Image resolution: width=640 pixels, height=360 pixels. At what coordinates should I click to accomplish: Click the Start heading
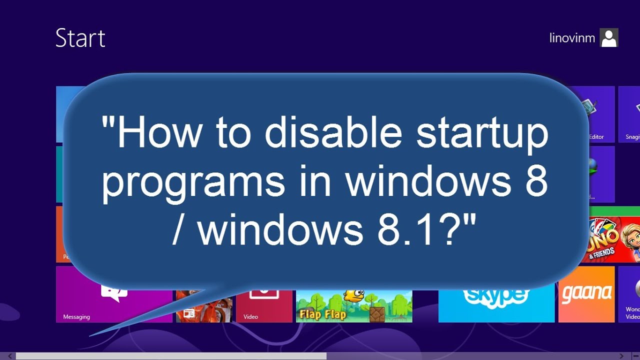pos(80,38)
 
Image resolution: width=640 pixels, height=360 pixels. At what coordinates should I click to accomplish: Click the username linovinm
pos(572,38)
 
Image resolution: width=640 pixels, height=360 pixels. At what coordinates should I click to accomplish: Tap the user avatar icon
pos(609,37)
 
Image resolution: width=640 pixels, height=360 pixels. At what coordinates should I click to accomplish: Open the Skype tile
pos(496,300)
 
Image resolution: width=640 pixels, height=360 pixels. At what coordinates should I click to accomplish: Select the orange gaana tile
pos(586,295)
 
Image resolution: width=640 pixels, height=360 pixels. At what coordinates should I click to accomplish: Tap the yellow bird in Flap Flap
pos(354,295)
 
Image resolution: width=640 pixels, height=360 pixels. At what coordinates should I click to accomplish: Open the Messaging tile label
pos(76,316)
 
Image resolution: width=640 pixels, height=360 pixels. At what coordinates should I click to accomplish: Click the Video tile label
pos(250,316)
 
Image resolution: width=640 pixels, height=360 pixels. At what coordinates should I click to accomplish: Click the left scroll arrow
pos(9,356)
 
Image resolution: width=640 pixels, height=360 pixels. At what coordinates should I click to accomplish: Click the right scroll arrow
pos(621,356)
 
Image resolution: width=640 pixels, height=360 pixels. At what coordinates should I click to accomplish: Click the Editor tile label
pos(596,136)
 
